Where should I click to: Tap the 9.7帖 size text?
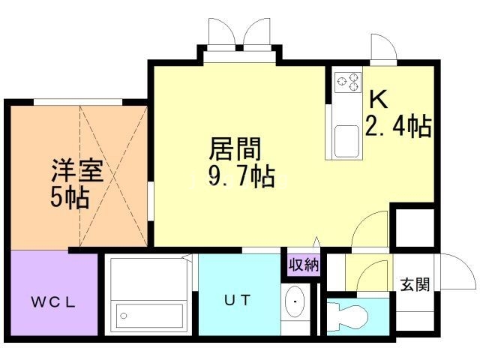pos(232,178)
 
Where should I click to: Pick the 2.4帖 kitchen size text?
pos(398,127)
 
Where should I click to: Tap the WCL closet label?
pos(53,302)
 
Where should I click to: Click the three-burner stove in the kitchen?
pos(348,82)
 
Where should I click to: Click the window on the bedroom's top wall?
pos(77,102)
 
